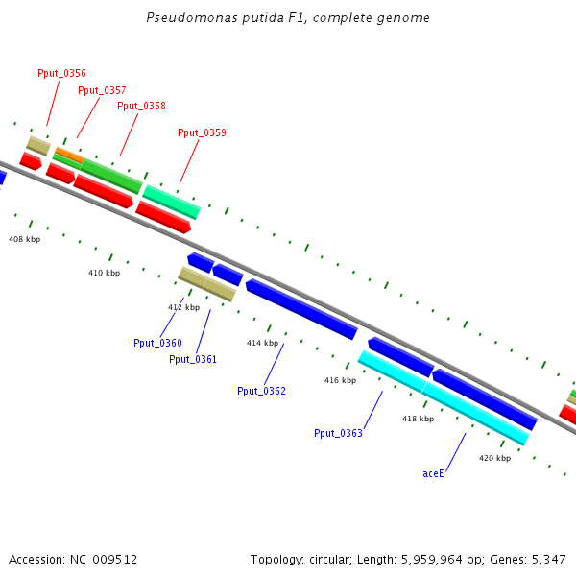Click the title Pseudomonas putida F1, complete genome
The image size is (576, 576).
tap(288, 18)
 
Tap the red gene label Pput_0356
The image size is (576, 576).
tap(61, 73)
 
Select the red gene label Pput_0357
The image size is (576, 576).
tap(102, 90)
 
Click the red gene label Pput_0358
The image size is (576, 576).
tap(141, 106)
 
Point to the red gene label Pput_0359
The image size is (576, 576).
tap(202, 132)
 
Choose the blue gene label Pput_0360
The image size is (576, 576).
tap(157, 343)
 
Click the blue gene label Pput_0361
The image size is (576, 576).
tap(193, 359)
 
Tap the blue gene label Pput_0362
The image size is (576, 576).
tap(261, 391)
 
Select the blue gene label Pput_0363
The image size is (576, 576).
tap(338, 433)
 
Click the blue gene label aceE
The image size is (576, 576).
tap(434, 473)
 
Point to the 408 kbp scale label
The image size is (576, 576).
tap(25, 239)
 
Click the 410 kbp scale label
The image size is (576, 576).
tap(104, 273)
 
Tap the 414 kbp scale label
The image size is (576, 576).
tap(262, 343)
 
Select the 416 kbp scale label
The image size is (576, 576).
tap(340, 380)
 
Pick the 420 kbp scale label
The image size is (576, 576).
tap(494, 458)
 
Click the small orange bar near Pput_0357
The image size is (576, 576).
tap(68, 154)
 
